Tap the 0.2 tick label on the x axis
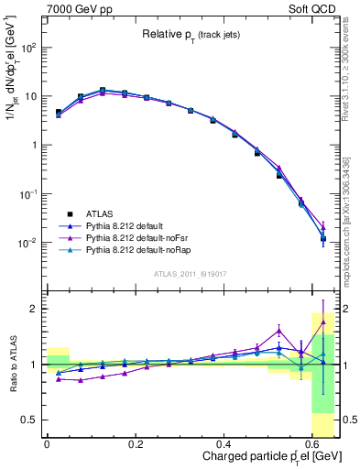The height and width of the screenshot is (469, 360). (x=136, y=442)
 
